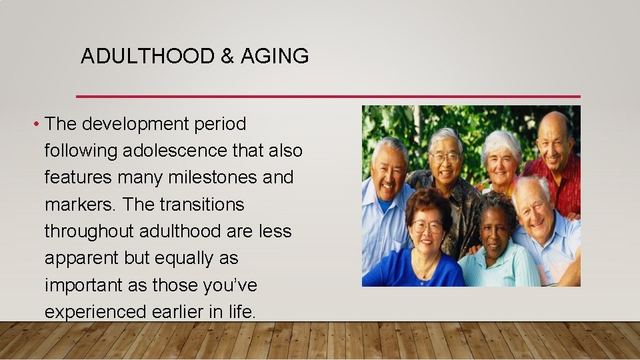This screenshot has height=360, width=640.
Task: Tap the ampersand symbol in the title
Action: (x=227, y=57)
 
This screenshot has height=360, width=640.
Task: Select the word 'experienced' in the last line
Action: (x=95, y=311)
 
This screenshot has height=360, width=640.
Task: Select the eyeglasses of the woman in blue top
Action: (x=427, y=227)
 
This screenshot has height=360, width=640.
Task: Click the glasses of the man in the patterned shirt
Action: (x=445, y=157)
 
